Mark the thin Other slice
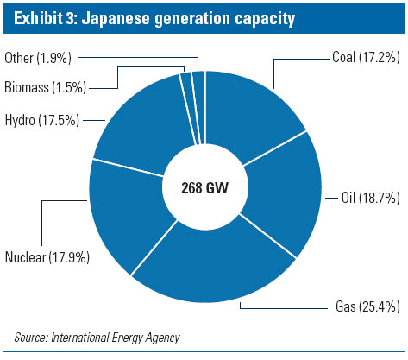tap(198, 86)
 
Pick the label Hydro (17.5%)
tap(41, 118)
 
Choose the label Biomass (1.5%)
tap(46, 86)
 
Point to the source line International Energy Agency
tap(112, 337)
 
